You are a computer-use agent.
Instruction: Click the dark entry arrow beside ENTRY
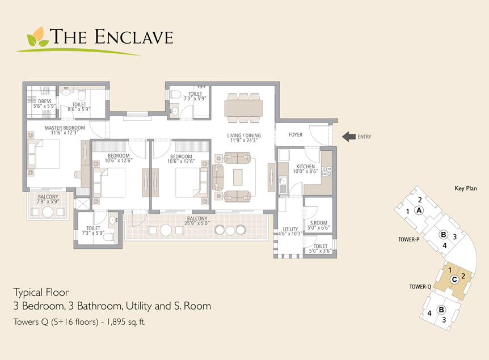(349, 137)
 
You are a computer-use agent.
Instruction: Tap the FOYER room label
(296, 135)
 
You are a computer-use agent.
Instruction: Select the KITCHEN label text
(305, 167)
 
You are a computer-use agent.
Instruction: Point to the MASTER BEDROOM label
(65, 128)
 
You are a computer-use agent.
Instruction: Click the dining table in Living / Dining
(243, 108)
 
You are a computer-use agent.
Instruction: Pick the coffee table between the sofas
(238, 177)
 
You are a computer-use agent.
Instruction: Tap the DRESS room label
(45, 101)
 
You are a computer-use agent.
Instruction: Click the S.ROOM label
(319, 223)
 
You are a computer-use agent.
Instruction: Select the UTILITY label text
(290, 229)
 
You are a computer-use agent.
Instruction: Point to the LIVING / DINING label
(244, 135)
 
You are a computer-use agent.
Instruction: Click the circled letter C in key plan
(454, 279)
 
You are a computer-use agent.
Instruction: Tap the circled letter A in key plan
(419, 210)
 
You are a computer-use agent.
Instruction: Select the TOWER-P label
(408, 239)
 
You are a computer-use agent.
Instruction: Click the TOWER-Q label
(420, 287)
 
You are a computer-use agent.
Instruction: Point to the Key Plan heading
(466, 188)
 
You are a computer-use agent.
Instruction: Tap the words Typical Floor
(41, 293)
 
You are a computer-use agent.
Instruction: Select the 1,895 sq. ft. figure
(126, 321)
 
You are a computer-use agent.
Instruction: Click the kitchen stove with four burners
(327, 172)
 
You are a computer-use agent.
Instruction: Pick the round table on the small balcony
(48, 212)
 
